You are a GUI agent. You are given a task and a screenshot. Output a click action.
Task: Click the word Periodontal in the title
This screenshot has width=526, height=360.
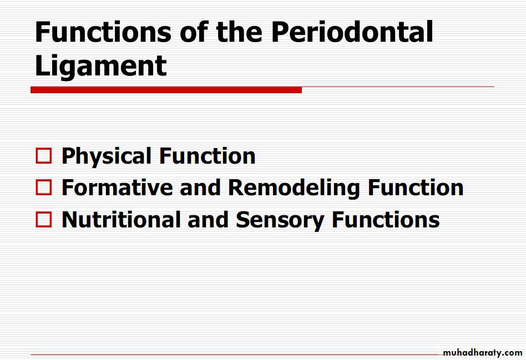[x=352, y=32]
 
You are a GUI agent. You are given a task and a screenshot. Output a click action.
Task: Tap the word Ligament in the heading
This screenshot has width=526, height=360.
[x=100, y=67]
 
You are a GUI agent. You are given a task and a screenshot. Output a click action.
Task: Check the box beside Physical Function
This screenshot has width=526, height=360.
[x=44, y=156]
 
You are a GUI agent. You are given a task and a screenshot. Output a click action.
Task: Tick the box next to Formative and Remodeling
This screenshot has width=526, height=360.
[x=44, y=187]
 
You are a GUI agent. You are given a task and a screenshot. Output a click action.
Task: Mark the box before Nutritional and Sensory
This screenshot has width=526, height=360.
[x=44, y=219]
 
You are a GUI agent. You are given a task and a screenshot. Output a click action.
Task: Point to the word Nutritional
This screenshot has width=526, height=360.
[x=121, y=220]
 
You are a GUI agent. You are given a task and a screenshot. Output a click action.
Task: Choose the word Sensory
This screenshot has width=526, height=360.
[x=280, y=220]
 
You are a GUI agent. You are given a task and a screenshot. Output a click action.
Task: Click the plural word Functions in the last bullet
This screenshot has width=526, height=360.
[x=386, y=220]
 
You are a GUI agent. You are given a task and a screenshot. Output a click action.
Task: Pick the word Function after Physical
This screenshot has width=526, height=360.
[x=208, y=156]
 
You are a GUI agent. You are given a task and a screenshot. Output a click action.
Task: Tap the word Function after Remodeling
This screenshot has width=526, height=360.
[x=416, y=187]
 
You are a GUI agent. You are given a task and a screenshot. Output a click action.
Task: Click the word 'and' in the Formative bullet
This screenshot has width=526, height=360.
[x=200, y=187]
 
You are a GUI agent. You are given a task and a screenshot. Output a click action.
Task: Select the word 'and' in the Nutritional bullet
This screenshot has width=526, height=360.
[x=208, y=220]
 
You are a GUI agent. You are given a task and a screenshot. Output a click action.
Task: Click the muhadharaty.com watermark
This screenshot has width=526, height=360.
[x=482, y=353]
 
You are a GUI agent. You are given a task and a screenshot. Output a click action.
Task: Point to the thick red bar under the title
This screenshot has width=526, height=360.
[x=166, y=90]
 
